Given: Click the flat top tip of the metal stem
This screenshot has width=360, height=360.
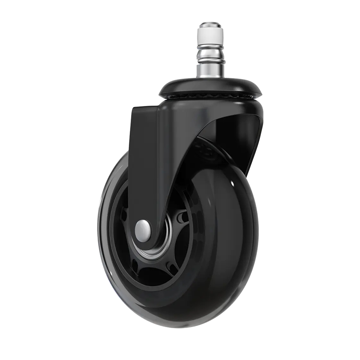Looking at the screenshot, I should [210, 24].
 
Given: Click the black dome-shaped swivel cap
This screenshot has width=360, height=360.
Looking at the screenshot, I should [210, 86].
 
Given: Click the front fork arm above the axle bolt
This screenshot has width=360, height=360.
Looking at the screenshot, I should [144, 173].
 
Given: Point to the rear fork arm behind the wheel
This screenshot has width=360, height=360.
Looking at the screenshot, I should [248, 144].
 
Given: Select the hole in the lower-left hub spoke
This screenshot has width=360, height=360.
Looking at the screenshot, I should [135, 266].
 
